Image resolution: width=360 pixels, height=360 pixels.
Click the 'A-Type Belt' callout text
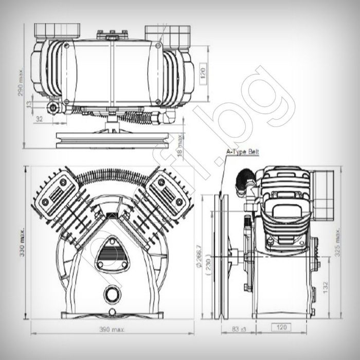click(243, 152)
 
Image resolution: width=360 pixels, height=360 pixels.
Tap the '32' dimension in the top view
click(39, 119)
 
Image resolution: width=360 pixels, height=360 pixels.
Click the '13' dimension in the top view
click(29, 104)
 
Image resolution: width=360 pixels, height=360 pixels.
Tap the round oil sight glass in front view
click(112, 294)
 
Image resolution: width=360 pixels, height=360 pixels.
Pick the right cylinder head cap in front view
click(169, 189)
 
